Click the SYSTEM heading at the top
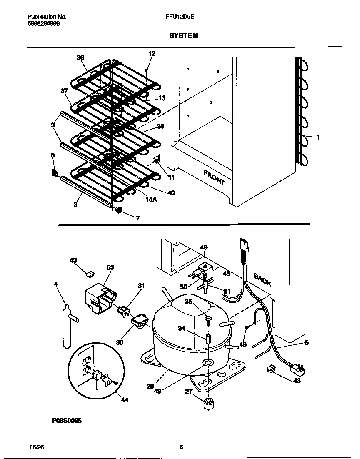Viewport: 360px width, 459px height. (183, 36)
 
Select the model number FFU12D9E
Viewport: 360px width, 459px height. (180, 17)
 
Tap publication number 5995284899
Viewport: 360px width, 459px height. (43, 24)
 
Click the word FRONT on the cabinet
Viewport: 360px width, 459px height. (214, 177)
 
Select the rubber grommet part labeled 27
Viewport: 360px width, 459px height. (207, 404)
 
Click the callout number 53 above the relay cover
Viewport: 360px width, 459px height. (110, 267)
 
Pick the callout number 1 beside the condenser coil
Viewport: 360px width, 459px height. (318, 137)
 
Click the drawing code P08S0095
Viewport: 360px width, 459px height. (67, 421)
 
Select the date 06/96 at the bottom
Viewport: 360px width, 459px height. (36, 447)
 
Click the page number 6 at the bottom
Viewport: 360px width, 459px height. (182, 447)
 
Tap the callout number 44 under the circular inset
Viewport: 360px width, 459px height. (125, 400)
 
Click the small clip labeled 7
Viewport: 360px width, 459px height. (118, 211)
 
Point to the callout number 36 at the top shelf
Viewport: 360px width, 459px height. (80, 58)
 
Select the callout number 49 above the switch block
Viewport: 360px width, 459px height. (204, 247)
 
